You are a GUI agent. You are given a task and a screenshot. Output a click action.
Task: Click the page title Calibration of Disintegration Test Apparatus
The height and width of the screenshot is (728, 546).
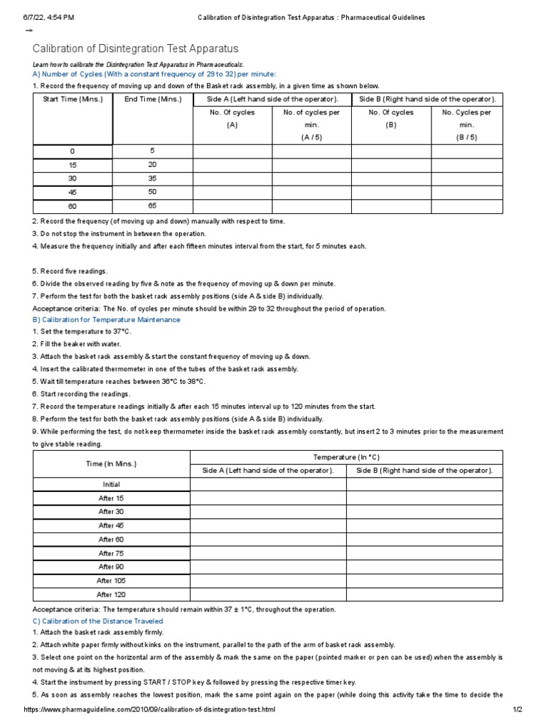(136, 48)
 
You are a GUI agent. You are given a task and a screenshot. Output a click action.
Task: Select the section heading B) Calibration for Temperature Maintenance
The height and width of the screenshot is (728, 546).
(107, 320)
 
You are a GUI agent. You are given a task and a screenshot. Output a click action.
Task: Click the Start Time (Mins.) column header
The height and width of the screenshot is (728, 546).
(73, 99)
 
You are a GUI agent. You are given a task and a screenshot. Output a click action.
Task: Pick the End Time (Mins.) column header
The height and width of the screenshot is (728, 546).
(153, 99)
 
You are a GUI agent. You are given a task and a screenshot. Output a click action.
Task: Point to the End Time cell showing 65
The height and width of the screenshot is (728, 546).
(152, 205)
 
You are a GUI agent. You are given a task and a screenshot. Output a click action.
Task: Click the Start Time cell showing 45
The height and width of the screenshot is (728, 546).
(72, 192)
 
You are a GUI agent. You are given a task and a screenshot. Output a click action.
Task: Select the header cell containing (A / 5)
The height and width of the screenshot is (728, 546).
(311, 137)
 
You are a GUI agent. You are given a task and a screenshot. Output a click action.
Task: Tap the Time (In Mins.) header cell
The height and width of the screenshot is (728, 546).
(111, 464)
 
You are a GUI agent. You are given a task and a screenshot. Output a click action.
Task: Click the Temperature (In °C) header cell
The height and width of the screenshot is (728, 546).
(346, 456)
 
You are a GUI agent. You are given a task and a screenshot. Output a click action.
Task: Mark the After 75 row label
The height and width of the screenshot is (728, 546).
(111, 553)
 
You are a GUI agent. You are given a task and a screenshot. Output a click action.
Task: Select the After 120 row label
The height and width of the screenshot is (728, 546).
(111, 594)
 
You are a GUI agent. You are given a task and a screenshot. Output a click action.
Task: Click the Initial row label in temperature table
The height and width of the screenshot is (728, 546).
(111, 484)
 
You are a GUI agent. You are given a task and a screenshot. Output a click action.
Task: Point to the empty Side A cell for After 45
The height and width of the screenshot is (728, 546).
(268, 525)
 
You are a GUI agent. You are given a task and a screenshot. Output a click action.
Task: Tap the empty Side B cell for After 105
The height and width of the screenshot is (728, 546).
(424, 581)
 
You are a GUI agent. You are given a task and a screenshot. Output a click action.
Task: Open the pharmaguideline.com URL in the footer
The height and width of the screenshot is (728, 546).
(149, 710)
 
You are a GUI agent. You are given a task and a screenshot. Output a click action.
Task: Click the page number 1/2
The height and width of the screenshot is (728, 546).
(517, 710)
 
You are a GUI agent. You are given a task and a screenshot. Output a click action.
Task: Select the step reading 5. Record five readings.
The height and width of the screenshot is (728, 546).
(70, 272)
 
